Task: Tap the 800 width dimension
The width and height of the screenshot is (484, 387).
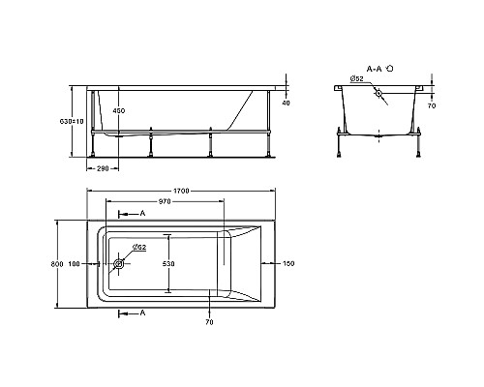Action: [x=58, y=265]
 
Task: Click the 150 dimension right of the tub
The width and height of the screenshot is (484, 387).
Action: [x=287, y=263]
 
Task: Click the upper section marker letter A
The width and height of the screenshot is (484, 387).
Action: [x=142, y=213]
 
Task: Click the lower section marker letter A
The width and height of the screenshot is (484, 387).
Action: [x=142, y=313]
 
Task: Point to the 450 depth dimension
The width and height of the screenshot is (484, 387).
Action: [x=119, y=110]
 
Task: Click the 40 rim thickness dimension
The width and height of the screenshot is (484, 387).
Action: [x=286, y=102]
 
